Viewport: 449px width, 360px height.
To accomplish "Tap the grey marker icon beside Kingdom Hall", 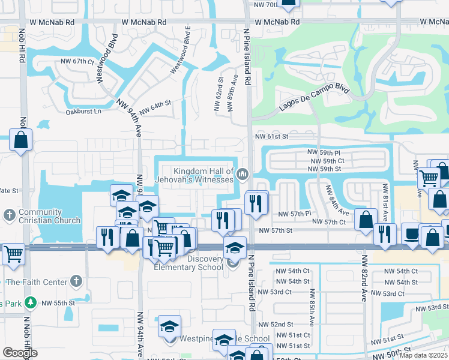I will (243, 175).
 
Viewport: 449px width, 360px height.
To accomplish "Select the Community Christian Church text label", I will (49, 216).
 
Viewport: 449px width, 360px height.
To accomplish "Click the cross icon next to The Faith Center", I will (76, 280).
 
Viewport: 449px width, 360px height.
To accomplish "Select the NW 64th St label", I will (155, 108).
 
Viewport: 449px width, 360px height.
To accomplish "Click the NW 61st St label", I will (273, 136).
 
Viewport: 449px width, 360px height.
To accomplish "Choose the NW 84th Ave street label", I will (337, 201).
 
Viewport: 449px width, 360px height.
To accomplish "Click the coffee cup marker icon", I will (411, 233).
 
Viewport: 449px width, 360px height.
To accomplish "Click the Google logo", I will (20, 353).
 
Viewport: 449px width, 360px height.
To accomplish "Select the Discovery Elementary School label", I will (193, 263).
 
